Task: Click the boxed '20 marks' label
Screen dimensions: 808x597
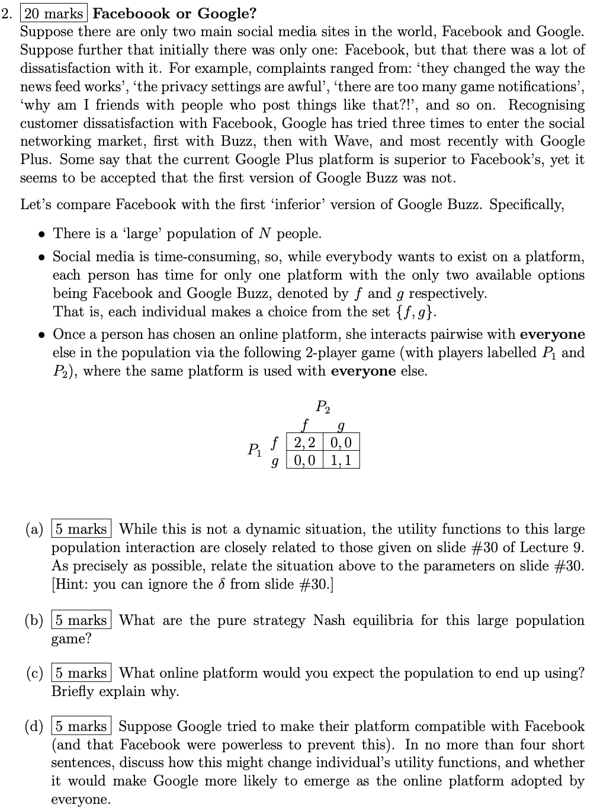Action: tap(53, 13)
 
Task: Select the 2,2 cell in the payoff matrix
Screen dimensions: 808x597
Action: tap(304, 443)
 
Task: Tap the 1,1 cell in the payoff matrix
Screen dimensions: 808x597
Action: tap(341, 460)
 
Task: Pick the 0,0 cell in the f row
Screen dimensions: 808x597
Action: tap(341, 443)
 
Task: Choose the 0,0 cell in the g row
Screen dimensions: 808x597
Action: tap(304, 460)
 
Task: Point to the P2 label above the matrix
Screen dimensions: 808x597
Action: tap(323, 407)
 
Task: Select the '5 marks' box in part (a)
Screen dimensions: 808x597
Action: tap(82, 529)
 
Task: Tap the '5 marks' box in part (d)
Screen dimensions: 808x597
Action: tap(82, 726)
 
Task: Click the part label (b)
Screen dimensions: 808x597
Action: tap(34, 621)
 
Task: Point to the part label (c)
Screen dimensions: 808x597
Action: tap(34, 674)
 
